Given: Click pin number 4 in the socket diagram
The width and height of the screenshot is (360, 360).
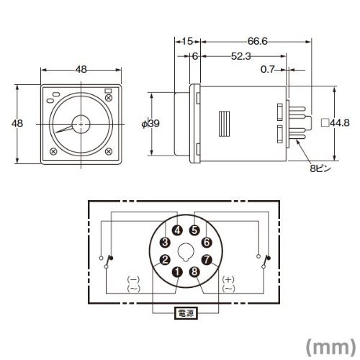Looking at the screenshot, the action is coord(177,230).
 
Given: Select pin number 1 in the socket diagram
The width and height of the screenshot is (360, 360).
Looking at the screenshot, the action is coord(177,272).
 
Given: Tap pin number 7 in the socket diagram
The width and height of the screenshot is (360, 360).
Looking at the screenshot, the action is coord(207,260).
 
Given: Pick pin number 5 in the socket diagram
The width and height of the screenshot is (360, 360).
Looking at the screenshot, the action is coord(194,230).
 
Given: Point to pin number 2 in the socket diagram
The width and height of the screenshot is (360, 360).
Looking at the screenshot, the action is coord(165,260).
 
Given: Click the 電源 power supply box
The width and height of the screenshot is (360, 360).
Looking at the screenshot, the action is coord(186,313).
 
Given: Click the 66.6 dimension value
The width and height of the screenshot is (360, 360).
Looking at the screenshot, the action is coord(257,41).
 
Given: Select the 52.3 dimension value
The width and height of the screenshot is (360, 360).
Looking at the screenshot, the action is coord(241,56).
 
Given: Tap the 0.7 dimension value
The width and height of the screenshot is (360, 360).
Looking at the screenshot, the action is coord(267,70).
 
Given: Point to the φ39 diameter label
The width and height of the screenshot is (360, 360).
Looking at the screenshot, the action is coord(150,124).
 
